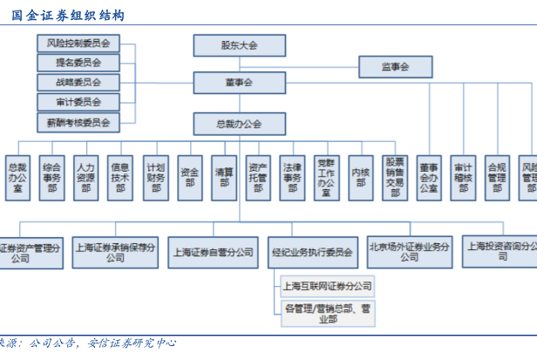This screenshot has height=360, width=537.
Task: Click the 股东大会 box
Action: pos(239,46)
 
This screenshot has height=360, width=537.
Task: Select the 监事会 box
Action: pos(395,65)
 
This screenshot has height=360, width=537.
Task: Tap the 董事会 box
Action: pos(239,83)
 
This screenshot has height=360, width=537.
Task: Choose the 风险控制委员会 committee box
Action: pos(78,43)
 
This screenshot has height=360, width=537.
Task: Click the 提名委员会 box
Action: pos(78,63)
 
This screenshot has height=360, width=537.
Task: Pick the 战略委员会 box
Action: pos(78,83)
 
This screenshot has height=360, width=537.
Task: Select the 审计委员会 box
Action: pos(78,103)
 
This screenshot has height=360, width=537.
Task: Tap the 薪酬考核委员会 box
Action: pos(78,123)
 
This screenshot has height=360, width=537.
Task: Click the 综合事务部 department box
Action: pos(51,178)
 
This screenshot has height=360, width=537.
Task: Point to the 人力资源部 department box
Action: pos(85,178)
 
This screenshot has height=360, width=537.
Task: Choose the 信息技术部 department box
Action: pos(120,178)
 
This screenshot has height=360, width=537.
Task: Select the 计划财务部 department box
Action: pos(155,178)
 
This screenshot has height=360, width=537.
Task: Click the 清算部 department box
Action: pos(223,178)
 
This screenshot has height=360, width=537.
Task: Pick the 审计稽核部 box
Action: pos(462,178)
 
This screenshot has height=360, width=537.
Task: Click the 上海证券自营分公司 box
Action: pos(213,252)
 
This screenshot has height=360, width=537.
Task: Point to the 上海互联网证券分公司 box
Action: pos(326,285)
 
